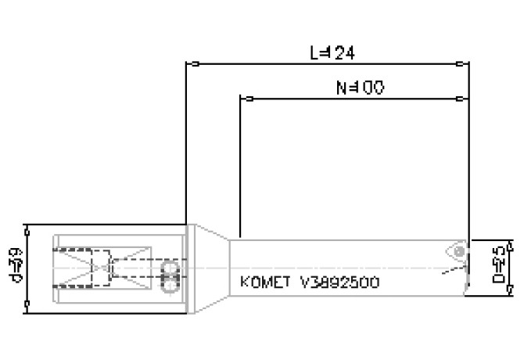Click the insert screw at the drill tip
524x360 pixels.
click(458, 250)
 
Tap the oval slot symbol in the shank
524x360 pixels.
click(167, 277)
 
